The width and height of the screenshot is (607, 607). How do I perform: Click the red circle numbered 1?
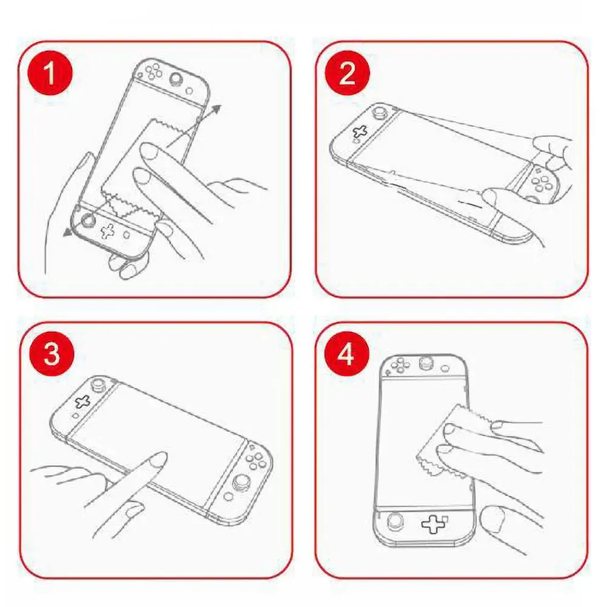point(50,73)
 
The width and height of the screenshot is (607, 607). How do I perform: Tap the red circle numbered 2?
point(347,73)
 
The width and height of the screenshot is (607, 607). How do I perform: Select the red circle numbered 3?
point(52,354)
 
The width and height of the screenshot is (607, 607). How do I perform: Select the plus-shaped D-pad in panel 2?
point(360,132)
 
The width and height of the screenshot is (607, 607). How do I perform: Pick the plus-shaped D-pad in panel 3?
point(82,401)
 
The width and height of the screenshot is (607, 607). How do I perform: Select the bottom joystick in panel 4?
point(395,521)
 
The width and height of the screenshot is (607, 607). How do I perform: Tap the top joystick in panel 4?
point(427,363)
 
